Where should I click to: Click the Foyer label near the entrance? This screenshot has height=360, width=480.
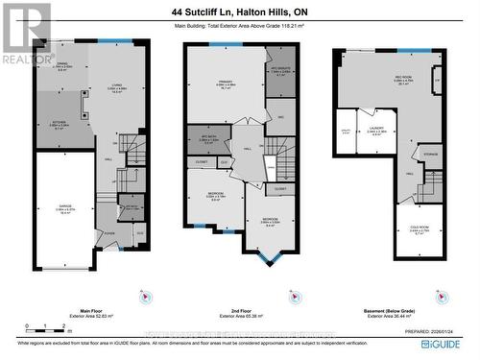point(110,232)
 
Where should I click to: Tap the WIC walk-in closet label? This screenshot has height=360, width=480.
point(278,117)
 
